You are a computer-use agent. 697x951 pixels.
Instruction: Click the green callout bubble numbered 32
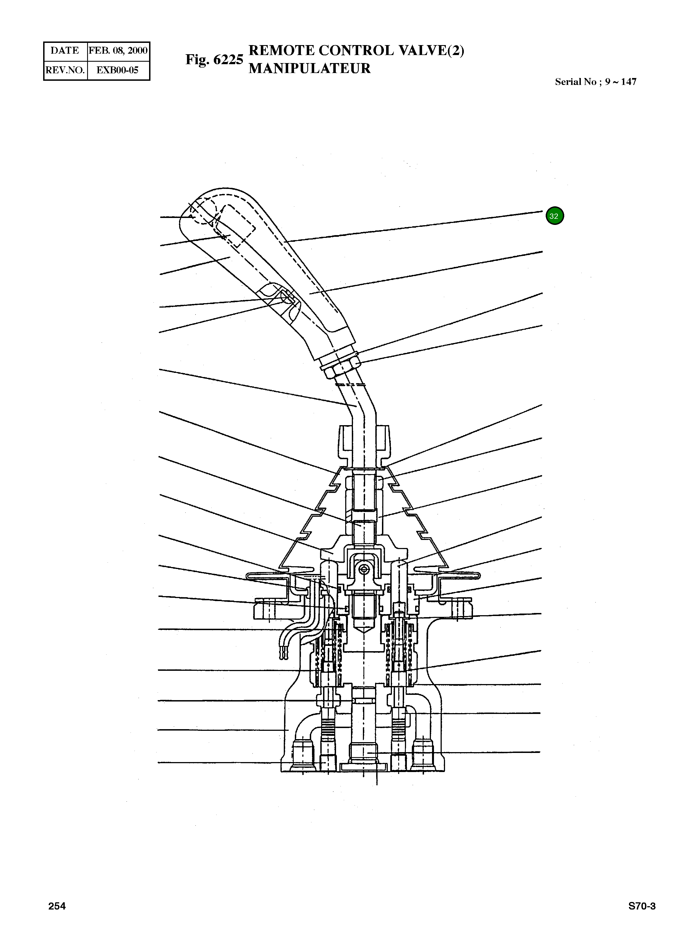point(554,216)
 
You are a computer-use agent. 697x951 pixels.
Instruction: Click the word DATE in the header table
point(64,51)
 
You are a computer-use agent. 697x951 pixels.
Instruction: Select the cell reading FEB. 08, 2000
point(118,51)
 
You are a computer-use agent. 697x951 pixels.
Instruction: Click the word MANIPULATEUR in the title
point(309,68)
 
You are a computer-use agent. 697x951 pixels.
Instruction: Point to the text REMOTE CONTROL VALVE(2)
point(357,50)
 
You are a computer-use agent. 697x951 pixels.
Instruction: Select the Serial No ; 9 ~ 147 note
point(595,82)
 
